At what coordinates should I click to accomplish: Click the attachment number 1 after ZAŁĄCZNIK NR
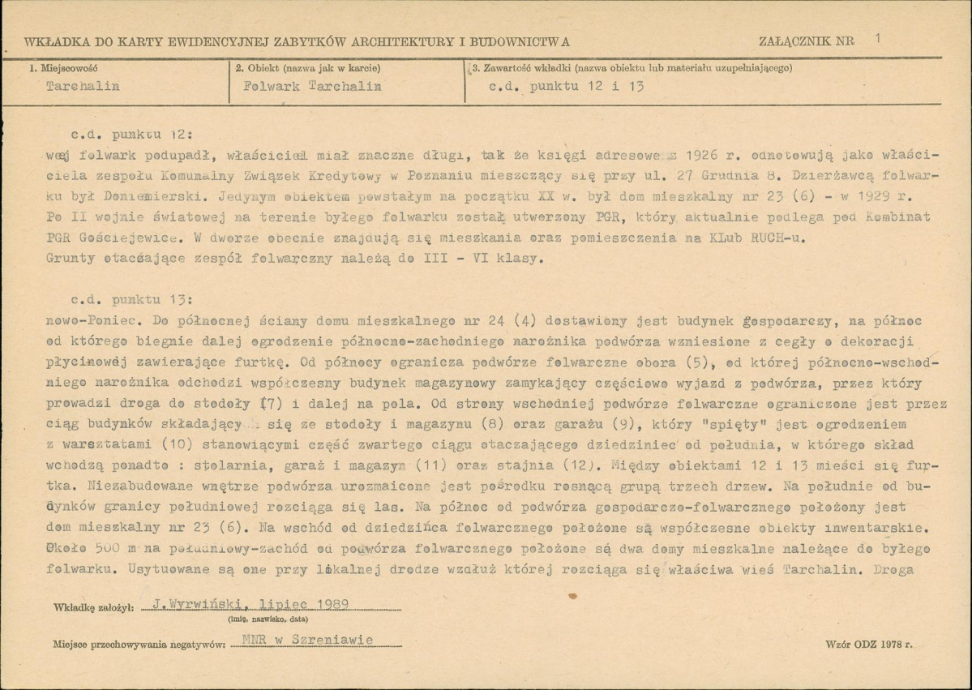tap(879, 37)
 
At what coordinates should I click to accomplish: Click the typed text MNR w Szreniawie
tap(307, 641)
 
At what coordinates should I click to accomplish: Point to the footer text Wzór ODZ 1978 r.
tap(867, 644)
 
